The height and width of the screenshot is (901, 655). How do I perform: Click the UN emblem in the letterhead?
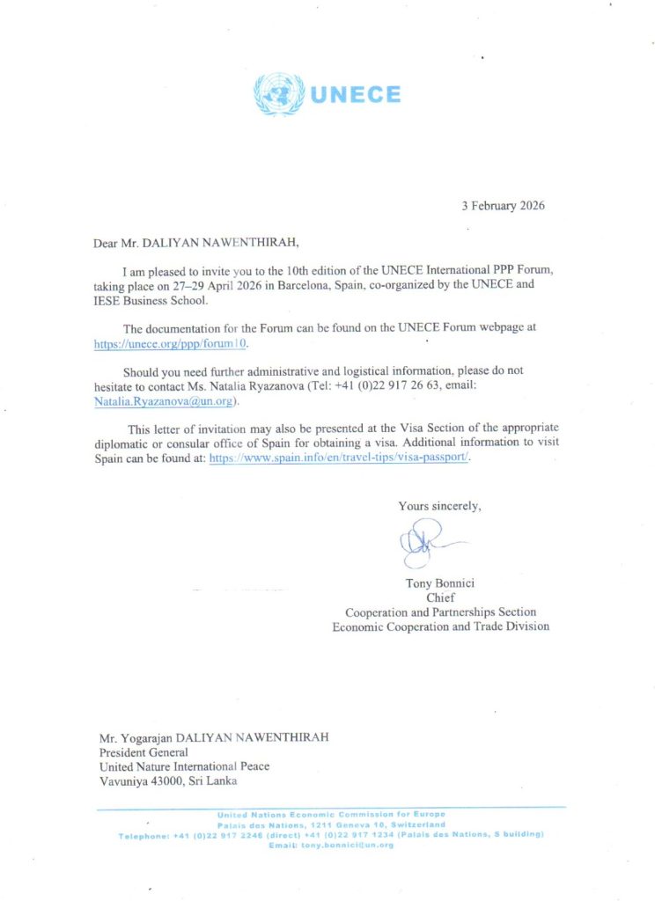point(278,94)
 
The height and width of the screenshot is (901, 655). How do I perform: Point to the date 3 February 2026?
point(504,206)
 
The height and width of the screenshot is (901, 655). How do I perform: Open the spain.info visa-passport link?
point(340,459)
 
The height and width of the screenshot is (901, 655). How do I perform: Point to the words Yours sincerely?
point(439,506)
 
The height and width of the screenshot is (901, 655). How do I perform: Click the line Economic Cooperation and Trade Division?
point(440,626)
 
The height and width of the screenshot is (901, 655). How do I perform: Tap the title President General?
point(143,751)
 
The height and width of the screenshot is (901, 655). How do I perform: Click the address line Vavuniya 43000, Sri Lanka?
point(167,780)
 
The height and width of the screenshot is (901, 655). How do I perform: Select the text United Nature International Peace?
point(184,765)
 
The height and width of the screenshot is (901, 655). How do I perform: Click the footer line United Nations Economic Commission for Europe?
point(331,814)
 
